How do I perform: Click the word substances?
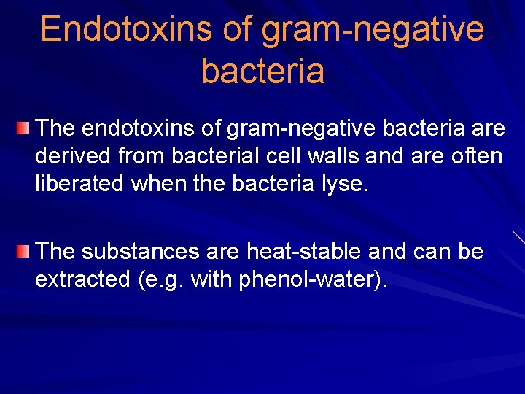pos(140,252)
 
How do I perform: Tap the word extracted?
pos(82,279)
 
